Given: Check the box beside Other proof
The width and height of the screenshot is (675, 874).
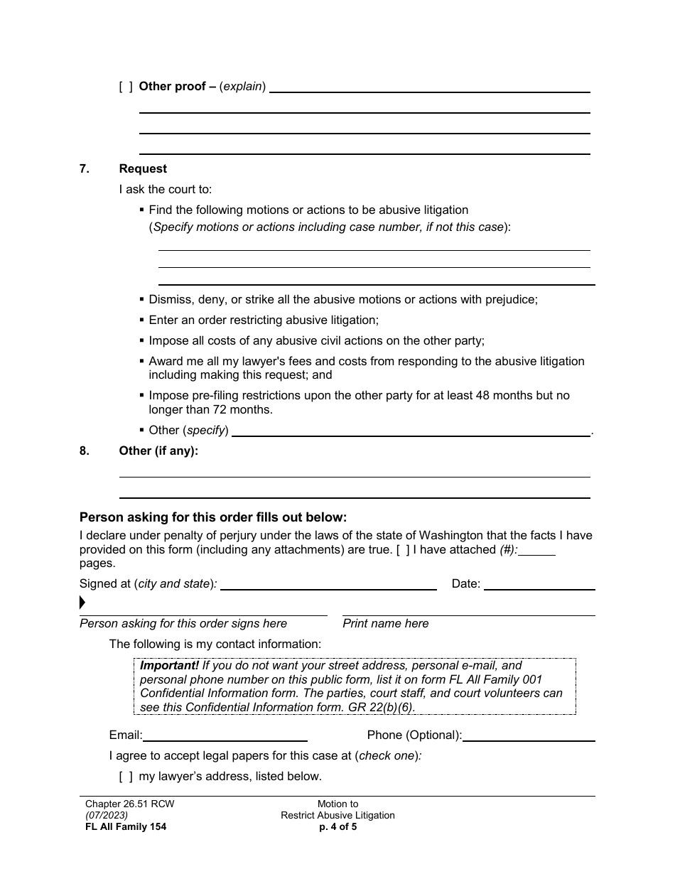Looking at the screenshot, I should coord(126,87).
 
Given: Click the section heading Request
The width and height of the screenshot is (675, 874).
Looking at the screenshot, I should coord(143,169).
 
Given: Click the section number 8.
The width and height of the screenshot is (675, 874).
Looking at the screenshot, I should coord(85,451).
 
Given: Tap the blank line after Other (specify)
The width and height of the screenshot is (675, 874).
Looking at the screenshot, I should coord(411,432).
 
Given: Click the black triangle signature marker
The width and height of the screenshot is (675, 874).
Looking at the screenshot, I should coord(82,603).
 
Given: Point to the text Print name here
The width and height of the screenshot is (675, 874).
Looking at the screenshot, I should coord(386,624).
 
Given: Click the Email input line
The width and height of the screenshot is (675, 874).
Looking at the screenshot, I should coord(225,737).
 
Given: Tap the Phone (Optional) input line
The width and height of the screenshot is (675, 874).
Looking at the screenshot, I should coord(529,737).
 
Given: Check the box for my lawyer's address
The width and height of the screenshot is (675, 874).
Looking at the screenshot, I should coord(126,777).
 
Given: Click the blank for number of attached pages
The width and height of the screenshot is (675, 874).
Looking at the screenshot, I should coord(540,551).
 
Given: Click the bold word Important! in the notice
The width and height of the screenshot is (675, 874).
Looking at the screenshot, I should coord(169,666).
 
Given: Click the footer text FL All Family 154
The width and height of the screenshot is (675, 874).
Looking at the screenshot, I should coord(126,827).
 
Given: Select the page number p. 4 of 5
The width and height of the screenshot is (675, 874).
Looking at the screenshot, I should coord(337,827).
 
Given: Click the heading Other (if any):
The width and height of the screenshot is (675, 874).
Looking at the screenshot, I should coord(158,451).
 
